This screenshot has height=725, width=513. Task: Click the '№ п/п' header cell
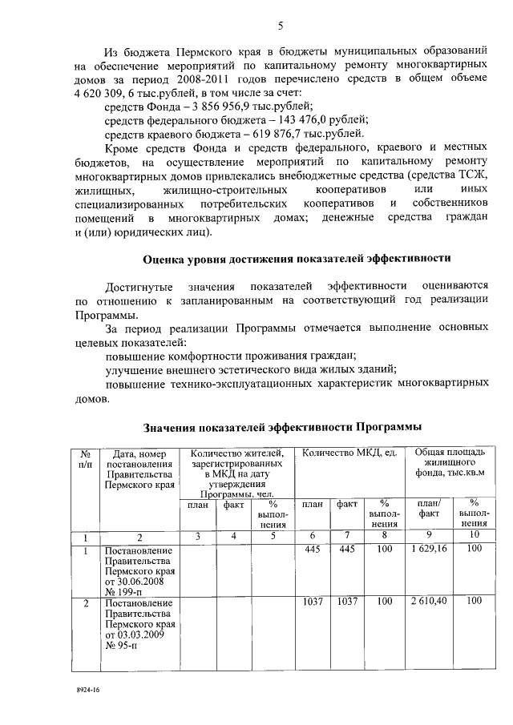[85, 460]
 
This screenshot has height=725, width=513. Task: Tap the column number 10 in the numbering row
[474, 536]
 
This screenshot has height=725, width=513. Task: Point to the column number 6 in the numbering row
[313, 536]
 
